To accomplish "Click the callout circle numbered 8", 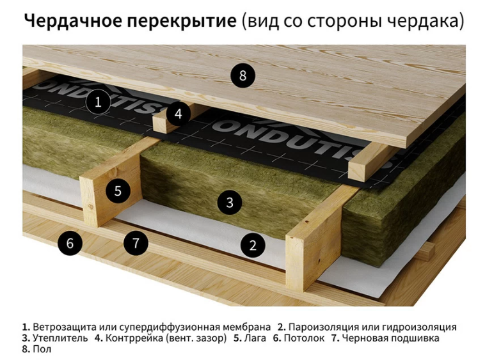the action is pyautogui.click(x=242, y=75).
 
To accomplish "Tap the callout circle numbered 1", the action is pyautogui.click(x=98, y=102).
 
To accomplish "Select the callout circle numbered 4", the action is pyautogui.click(x=178, y=114).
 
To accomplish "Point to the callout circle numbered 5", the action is pyautogui.click(x=118, y=191).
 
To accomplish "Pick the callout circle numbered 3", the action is pyautogui.click(x=230, y=203).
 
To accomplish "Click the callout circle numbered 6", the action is pyautogui.click(x=70, y=243).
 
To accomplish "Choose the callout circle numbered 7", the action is pyautogui.click(x=136, y=243).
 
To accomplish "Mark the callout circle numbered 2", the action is pyautogui.click(x=253, y=246).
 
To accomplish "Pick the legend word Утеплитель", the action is pyautogui.click(x=60, y=338).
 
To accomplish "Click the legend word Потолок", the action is pyautogui.click(x=304, y=338).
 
